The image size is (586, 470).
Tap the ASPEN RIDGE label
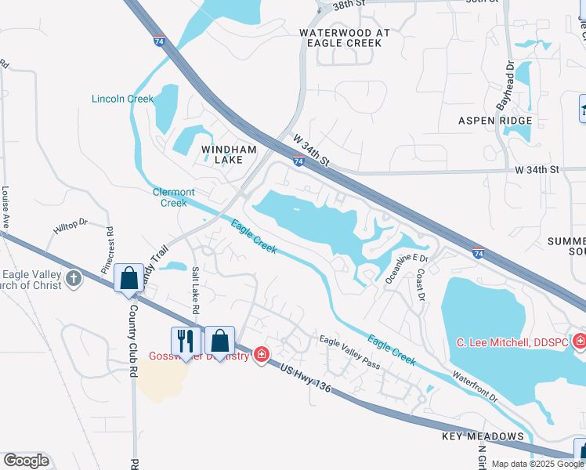click(x=495, y=121)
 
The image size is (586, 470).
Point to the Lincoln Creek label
click(x=123, y=99)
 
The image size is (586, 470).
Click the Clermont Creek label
click(x=173, y=197)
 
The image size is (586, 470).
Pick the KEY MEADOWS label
click(x=483, y=436)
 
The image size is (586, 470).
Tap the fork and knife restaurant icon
click(x=185, y=340)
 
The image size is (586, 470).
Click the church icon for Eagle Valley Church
click(x=74, y=278)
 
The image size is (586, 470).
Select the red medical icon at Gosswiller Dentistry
click(x=260, y=356)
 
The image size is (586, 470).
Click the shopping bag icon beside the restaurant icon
click(x=220, y=340)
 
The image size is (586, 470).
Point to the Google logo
click(x=26, y=461)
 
